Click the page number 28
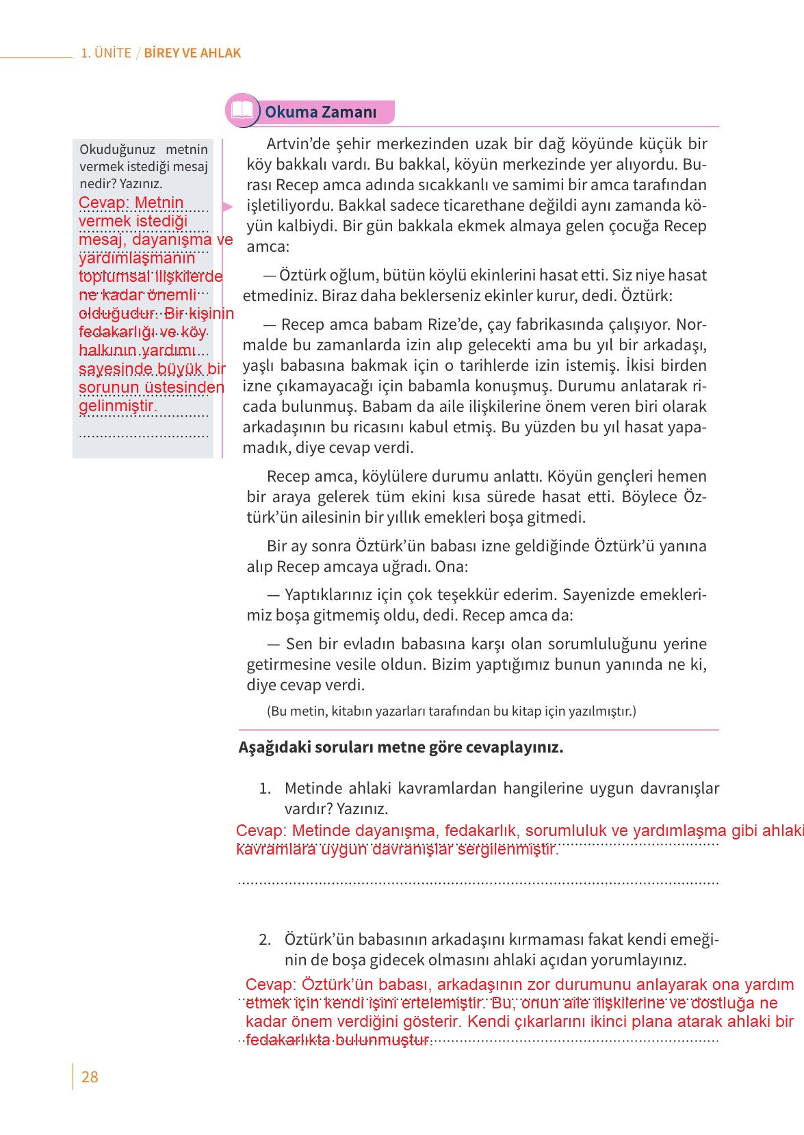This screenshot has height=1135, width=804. tap(90, 1077)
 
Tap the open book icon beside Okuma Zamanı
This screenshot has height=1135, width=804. tap(242, 111)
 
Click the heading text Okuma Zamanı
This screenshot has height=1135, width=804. tap(320, 112)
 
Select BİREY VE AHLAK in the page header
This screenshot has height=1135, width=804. tap(192, 53)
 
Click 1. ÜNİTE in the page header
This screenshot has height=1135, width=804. tap(105, 53)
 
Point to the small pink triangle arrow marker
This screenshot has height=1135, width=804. tap(228, 206)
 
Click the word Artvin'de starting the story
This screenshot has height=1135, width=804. tap(297, 144)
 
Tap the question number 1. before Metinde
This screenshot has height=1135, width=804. tap(266, 788)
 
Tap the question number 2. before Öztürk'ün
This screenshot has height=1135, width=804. tap(265, 939)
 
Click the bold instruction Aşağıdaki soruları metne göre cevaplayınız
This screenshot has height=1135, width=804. tap(400, 747)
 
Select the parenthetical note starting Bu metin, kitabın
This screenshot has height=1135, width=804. tap(451, 711)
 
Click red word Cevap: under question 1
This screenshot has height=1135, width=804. tap(259, 831)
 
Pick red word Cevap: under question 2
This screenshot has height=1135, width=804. tap(269, 985)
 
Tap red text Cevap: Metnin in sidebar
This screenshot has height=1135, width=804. tap(131, 203)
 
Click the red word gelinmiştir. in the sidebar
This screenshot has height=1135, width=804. tap(118, 406)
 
